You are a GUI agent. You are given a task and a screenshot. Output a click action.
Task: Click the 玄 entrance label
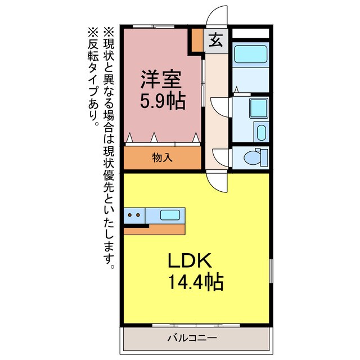pyautogui.click(x=215, y=40)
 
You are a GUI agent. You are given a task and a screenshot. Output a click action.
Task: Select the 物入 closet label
pyautogui.click(x=162, y=158)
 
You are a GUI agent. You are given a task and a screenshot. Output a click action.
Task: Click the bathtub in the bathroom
pyautogui.click(x=251, y=55)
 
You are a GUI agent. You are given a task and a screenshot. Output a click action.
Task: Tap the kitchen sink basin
pyautogui.click(x=170, y=214)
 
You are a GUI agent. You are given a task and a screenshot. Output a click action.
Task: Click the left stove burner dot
pyautogui.click(x=129, y=214)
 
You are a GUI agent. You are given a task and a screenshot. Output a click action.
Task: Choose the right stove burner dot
pyautogui.click(x=137, y=214)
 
